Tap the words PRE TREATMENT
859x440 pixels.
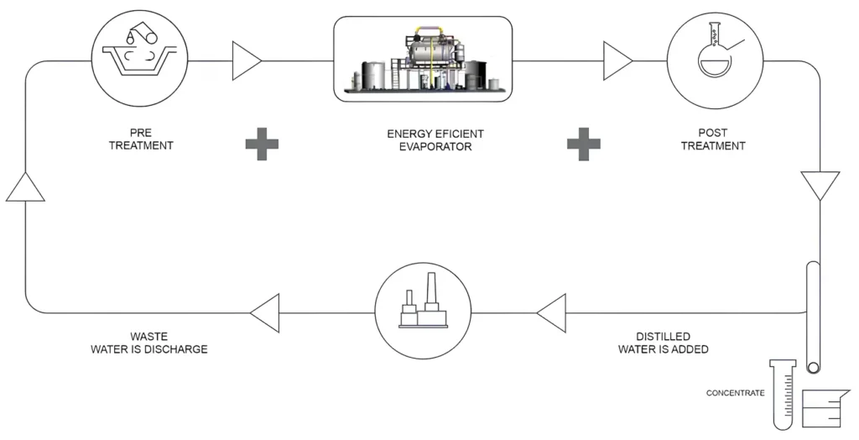140,139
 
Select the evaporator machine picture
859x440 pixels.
423,60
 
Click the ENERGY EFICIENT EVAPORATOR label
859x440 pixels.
435,139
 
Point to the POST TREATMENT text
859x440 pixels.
713,139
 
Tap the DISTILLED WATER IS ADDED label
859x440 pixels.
663,343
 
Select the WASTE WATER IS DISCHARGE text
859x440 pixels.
149,343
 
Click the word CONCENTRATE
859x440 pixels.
735,393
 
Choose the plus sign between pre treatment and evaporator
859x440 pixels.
262,144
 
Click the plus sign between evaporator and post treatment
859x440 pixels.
584,144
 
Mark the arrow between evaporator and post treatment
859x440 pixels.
618,60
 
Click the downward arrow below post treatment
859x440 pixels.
820,184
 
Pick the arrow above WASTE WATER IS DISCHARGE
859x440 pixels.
264,312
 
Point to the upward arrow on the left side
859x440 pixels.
25,186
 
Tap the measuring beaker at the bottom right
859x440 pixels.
821,411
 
